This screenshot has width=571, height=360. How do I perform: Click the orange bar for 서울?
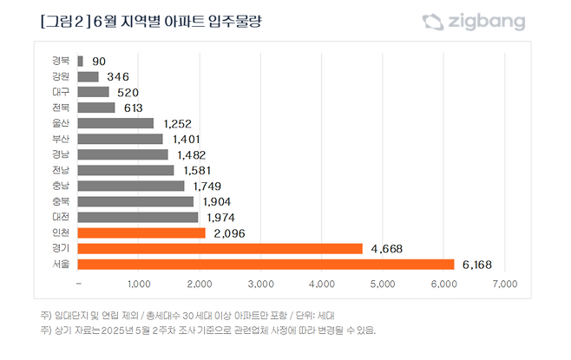pyautogui.click(x=266, y=264)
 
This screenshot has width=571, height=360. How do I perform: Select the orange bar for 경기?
pyautogui.click(x=220, y=248)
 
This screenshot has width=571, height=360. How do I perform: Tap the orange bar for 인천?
pyautogui.click(x=141, y=232)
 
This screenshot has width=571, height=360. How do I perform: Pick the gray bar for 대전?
pyautogui.click(x=138, y=217)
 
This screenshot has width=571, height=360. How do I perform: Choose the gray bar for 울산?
pyautogui.click(x=115, y=123)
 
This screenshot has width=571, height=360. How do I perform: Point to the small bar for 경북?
pyautogui.click(x=80, y=61)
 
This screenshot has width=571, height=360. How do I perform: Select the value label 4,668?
pyautogui.click(x=388, y=248)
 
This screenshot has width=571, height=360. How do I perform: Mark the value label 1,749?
pyautogui.click(x=211, y=186)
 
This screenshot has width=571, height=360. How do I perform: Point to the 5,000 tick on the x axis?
pyautogui.click(x=383, y=284)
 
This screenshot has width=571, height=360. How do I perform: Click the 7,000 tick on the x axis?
pyautogui.click(x=504, y=284)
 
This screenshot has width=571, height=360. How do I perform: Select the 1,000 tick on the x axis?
pyautogui.click(x=139, y=284)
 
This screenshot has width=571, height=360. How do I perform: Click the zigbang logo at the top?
pyautogui.click(x=474, y=20)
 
